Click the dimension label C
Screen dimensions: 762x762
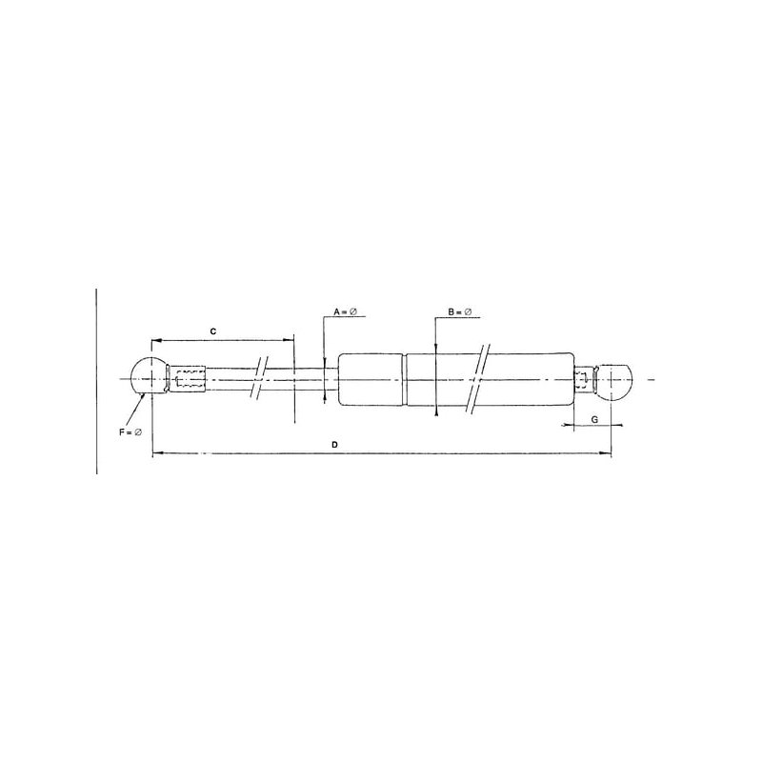pyautogui.click(x=214, y=331)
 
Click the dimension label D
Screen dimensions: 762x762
pyautogui.click(x=334, y=444)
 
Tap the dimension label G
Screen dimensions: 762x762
pyautogui.click(x=595, y=418)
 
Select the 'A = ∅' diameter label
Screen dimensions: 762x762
pyautogui.click(x=344, y=313)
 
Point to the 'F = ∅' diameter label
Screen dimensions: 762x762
pyautogui.click(x=130, y=432)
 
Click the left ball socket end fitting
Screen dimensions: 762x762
pyautogui.click(x=148, y=378)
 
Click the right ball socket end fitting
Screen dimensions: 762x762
pyautogui.click(x=615, y=380)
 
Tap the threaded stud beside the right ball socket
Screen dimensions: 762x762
pyautogui.click(x=586, y=380)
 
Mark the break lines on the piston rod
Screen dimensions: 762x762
pyautogui.click(x=259, y=378)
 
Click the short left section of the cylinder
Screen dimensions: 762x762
pyautogui.click(x=372, y=380)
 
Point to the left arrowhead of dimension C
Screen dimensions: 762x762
pyautogui.click(x=155, y=340)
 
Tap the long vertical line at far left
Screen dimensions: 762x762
pyautogui.click(x=96, y=381)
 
